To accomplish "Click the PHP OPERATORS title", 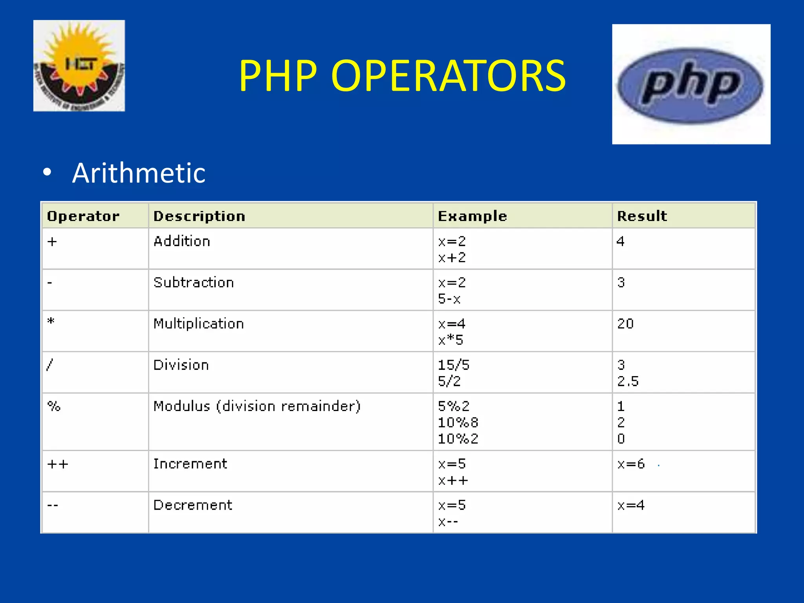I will click(x=402, y=75).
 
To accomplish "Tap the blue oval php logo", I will click(x=690, y=85).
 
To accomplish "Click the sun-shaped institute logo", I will click(x=79, y=66).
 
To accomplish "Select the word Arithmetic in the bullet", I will click(x=139, y=173).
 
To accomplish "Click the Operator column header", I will click(x=83, y=216).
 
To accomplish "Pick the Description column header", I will click(x=199, y=216).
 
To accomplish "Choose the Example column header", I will click(x=472, y=216).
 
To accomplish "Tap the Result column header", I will click(x=642, y=216).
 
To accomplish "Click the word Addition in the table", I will click(x=182, y=241).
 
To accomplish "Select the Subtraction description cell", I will click(x=194, y=283).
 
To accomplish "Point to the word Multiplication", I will click(x=199, y=324).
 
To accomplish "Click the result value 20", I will click(x=625, y=324).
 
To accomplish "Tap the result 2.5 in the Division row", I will click(x=628, y=381).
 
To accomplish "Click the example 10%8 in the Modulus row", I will click(x=458, y=423).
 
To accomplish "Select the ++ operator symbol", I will click(x=58, y=464).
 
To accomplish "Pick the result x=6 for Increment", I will click(x=631, y=464).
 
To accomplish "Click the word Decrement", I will click(x=193, y=505).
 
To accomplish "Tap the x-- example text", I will click(x=448, y=522).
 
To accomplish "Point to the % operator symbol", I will click(x=54, y=406).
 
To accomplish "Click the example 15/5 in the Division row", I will click(x=453, y=365).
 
